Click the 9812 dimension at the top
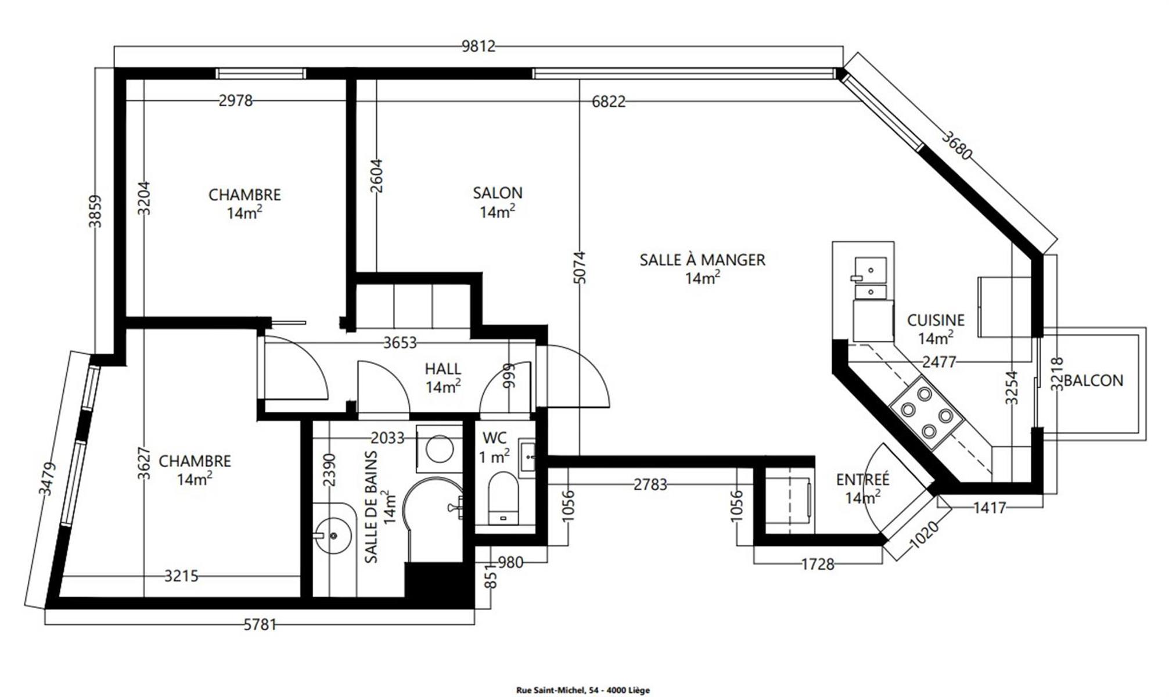click(479, 46)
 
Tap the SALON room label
click(498, 193)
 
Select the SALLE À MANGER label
click(703, 260)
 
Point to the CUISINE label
click(936, 320)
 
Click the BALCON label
click(1094, 380)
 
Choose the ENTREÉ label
click(862, 479)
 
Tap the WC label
click(494, 438)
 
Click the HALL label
click(443, 369)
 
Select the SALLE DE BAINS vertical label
click(371, 507)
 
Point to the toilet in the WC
click(503, 498)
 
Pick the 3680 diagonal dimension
click(956, 145)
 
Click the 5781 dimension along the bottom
click(260, 624)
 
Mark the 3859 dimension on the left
click(95, 211)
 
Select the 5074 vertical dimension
click(580, 267)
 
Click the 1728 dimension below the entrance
click(818, 564)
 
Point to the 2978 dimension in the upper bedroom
click(236, 101)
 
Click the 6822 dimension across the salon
click(609, 102)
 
